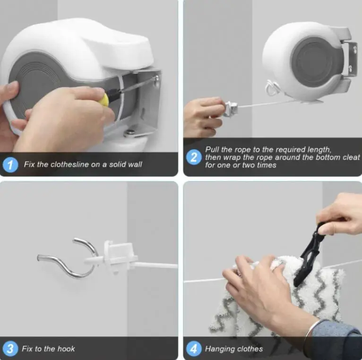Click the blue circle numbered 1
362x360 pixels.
(x=11, y=165)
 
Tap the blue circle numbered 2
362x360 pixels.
(x=194, y=157)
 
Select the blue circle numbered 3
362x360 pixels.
(x=10, y=349)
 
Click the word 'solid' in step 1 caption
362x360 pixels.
(x=108, y=165)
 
